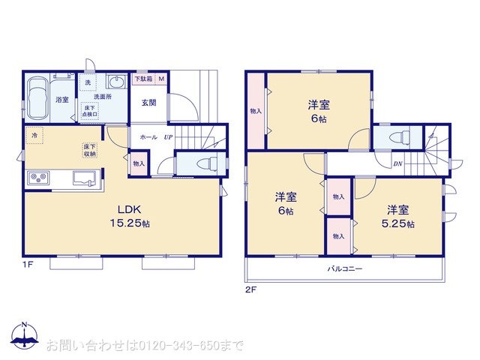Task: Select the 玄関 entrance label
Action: coord(148,103)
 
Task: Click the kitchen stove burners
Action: coord(38,178)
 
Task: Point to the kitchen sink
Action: coord(85,178)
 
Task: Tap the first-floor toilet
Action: coord(203,163)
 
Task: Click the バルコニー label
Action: coord(344,268)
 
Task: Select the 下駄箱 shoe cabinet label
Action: coord(142,78)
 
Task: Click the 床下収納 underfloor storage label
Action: coord(90,149)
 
